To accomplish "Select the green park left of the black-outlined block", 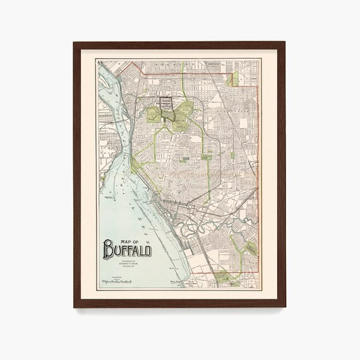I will click(153, 114).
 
